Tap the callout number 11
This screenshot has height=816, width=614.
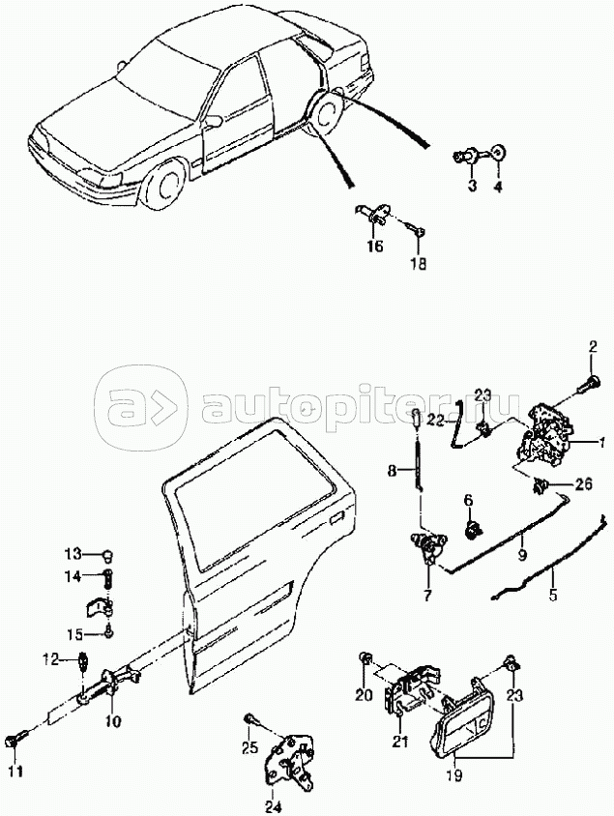[17, 771]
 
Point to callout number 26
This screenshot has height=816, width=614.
[582, 484]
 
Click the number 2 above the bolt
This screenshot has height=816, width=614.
[593, 347]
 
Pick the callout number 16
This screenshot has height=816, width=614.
[375, 247]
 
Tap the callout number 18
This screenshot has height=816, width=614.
[418, 264]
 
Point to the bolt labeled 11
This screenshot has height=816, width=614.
[14, 741]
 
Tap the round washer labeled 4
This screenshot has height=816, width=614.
[499, 153]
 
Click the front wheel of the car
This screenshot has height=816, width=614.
[164, 187]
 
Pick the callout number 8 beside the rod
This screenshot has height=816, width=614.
[392, 471]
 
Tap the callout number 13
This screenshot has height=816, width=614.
[73, 553]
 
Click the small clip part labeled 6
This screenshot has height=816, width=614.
[472, 529]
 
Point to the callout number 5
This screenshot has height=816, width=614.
[553, 594]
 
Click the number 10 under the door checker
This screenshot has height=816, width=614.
[113, 722]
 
